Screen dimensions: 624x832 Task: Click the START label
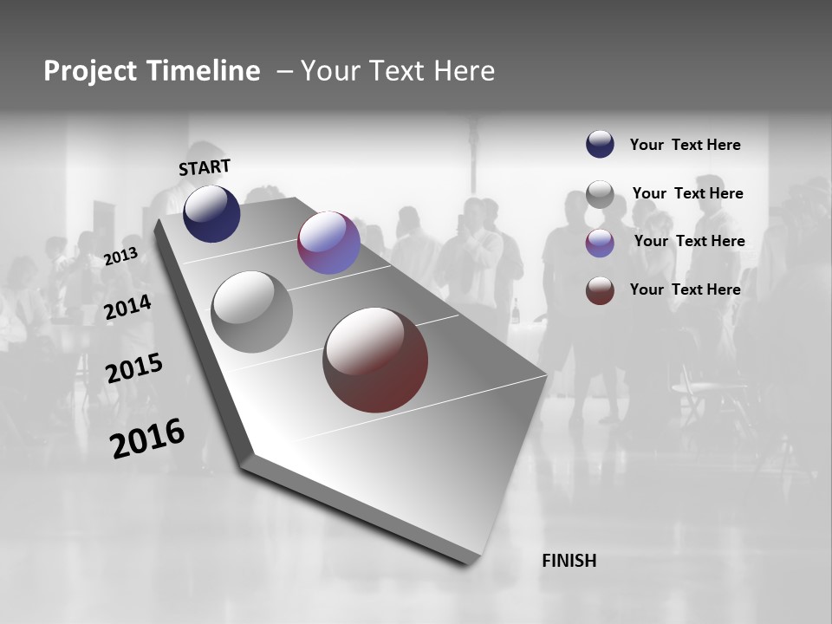(x=205, y=167)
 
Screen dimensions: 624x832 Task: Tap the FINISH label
(x=569, y=561)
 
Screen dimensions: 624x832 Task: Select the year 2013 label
(x=120, y=257)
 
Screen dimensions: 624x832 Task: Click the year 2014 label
(x=127, y=307)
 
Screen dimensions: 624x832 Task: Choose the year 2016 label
(x=147, y=438)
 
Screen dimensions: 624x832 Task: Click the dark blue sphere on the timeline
(x=211, y=213)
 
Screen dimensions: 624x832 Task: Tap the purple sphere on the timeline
(x=328, y=243)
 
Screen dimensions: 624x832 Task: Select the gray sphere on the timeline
(x=252, y=312)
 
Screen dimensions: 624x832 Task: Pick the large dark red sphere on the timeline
(x=375, y=359)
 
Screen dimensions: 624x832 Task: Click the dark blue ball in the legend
(x=600, y=144)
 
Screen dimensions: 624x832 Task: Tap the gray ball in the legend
(x=600, y=194)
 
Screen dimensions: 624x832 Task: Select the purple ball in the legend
(x=600, y=242)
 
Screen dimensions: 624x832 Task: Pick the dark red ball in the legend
(x=600, y=290)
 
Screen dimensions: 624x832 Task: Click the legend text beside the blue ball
(x=685, y=145)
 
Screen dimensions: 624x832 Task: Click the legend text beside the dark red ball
(x=685, y=289)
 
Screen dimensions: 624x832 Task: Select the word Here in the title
(x=464, y=70)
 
